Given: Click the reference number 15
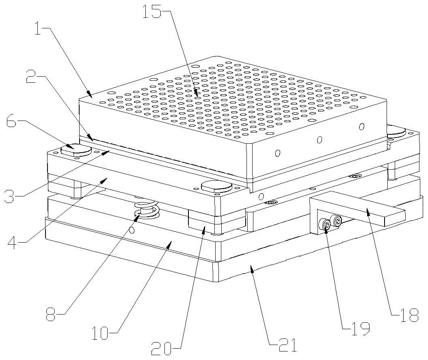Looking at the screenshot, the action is click(152, 12).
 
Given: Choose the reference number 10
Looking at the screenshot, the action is click(100, 334).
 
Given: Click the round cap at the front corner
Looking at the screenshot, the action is click(216, 187).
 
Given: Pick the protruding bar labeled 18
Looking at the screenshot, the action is click(358, 208).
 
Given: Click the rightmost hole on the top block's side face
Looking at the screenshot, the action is click(362, 126).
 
